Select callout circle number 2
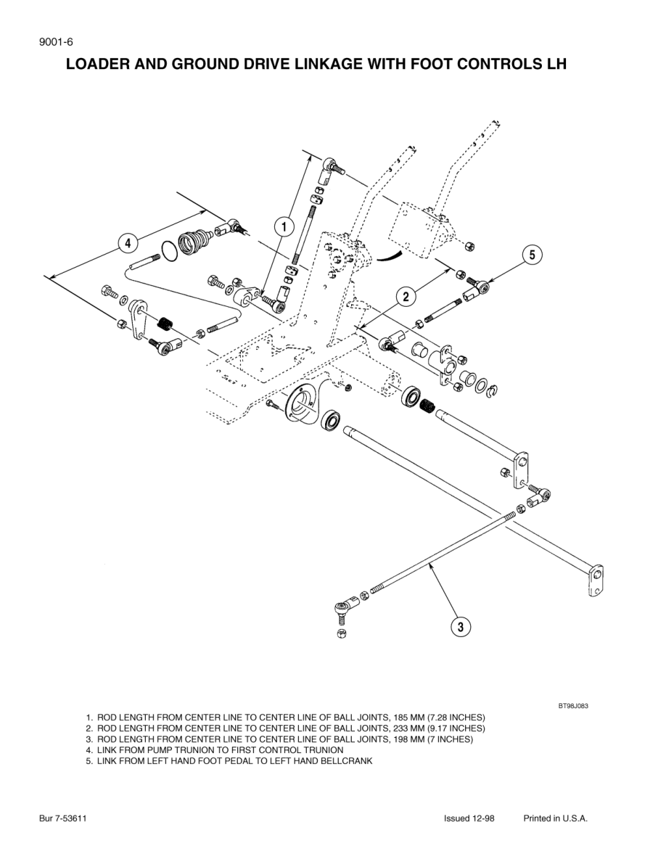406,295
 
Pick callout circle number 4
128,243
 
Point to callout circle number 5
532,255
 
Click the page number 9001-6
56,41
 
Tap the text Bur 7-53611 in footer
63,818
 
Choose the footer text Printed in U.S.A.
555,818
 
